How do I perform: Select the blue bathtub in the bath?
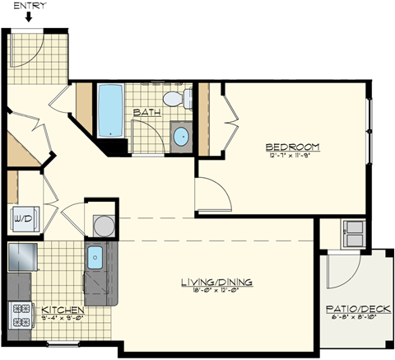point(109,110)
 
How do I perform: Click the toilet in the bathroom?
point(174,100)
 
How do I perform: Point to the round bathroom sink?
point(180,135)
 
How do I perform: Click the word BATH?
point(146,112)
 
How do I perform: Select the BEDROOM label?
point(293,147)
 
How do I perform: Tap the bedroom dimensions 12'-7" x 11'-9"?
point(293,155)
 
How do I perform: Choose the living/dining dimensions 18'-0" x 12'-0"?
point(216,291)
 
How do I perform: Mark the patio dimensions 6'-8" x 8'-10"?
point(353,320)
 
